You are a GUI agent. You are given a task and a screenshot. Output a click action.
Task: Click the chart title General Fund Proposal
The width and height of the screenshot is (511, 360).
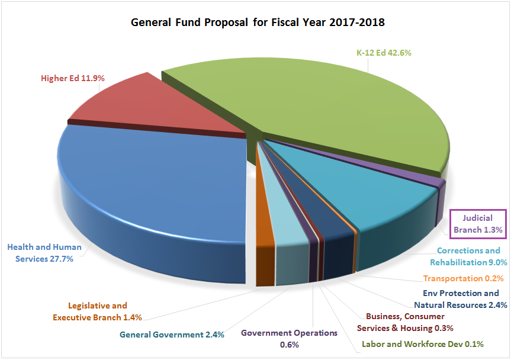pyautogui.click(x=258, y=23)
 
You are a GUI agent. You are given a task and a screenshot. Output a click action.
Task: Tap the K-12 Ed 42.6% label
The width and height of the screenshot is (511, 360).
pyautogui.click(x=383, y=53)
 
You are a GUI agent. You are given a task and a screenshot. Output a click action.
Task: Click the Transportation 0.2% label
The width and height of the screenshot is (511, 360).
pyautogui.click(x=463, y=278)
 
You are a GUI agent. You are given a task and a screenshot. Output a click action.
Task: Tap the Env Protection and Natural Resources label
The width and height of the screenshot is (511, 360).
pyautogui.click(x=460, y=299)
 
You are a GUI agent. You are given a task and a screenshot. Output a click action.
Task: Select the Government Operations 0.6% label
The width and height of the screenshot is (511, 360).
pyautogui.click(x=290, y=338)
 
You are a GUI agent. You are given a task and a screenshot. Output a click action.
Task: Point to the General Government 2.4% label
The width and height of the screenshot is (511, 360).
pyautogui.click(x=172, y=335)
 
